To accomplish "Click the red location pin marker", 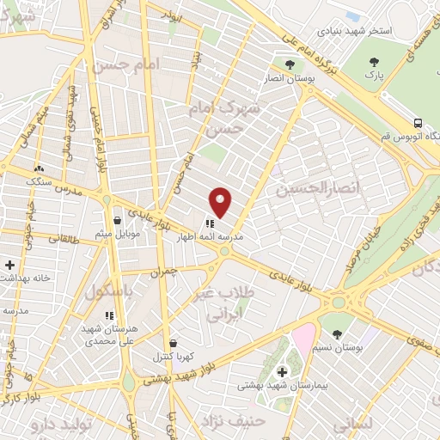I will pyautogui.click(x=221, y=202).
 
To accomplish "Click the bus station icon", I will pyautogui.click(x=417, y=124).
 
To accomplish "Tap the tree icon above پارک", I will pyautogui.click(x=375, y=62).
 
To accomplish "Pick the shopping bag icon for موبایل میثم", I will pyautogui.click(x=117, y=221).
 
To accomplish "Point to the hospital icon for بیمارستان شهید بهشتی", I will pyautogui.click(x=283, y=373).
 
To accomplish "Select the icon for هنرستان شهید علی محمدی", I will pyautogui.click(x=108, y=316).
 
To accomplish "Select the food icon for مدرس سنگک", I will pyautogui.click(x=39, y=168).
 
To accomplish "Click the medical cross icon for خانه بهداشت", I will pyautogui.click(x=9, y=265).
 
